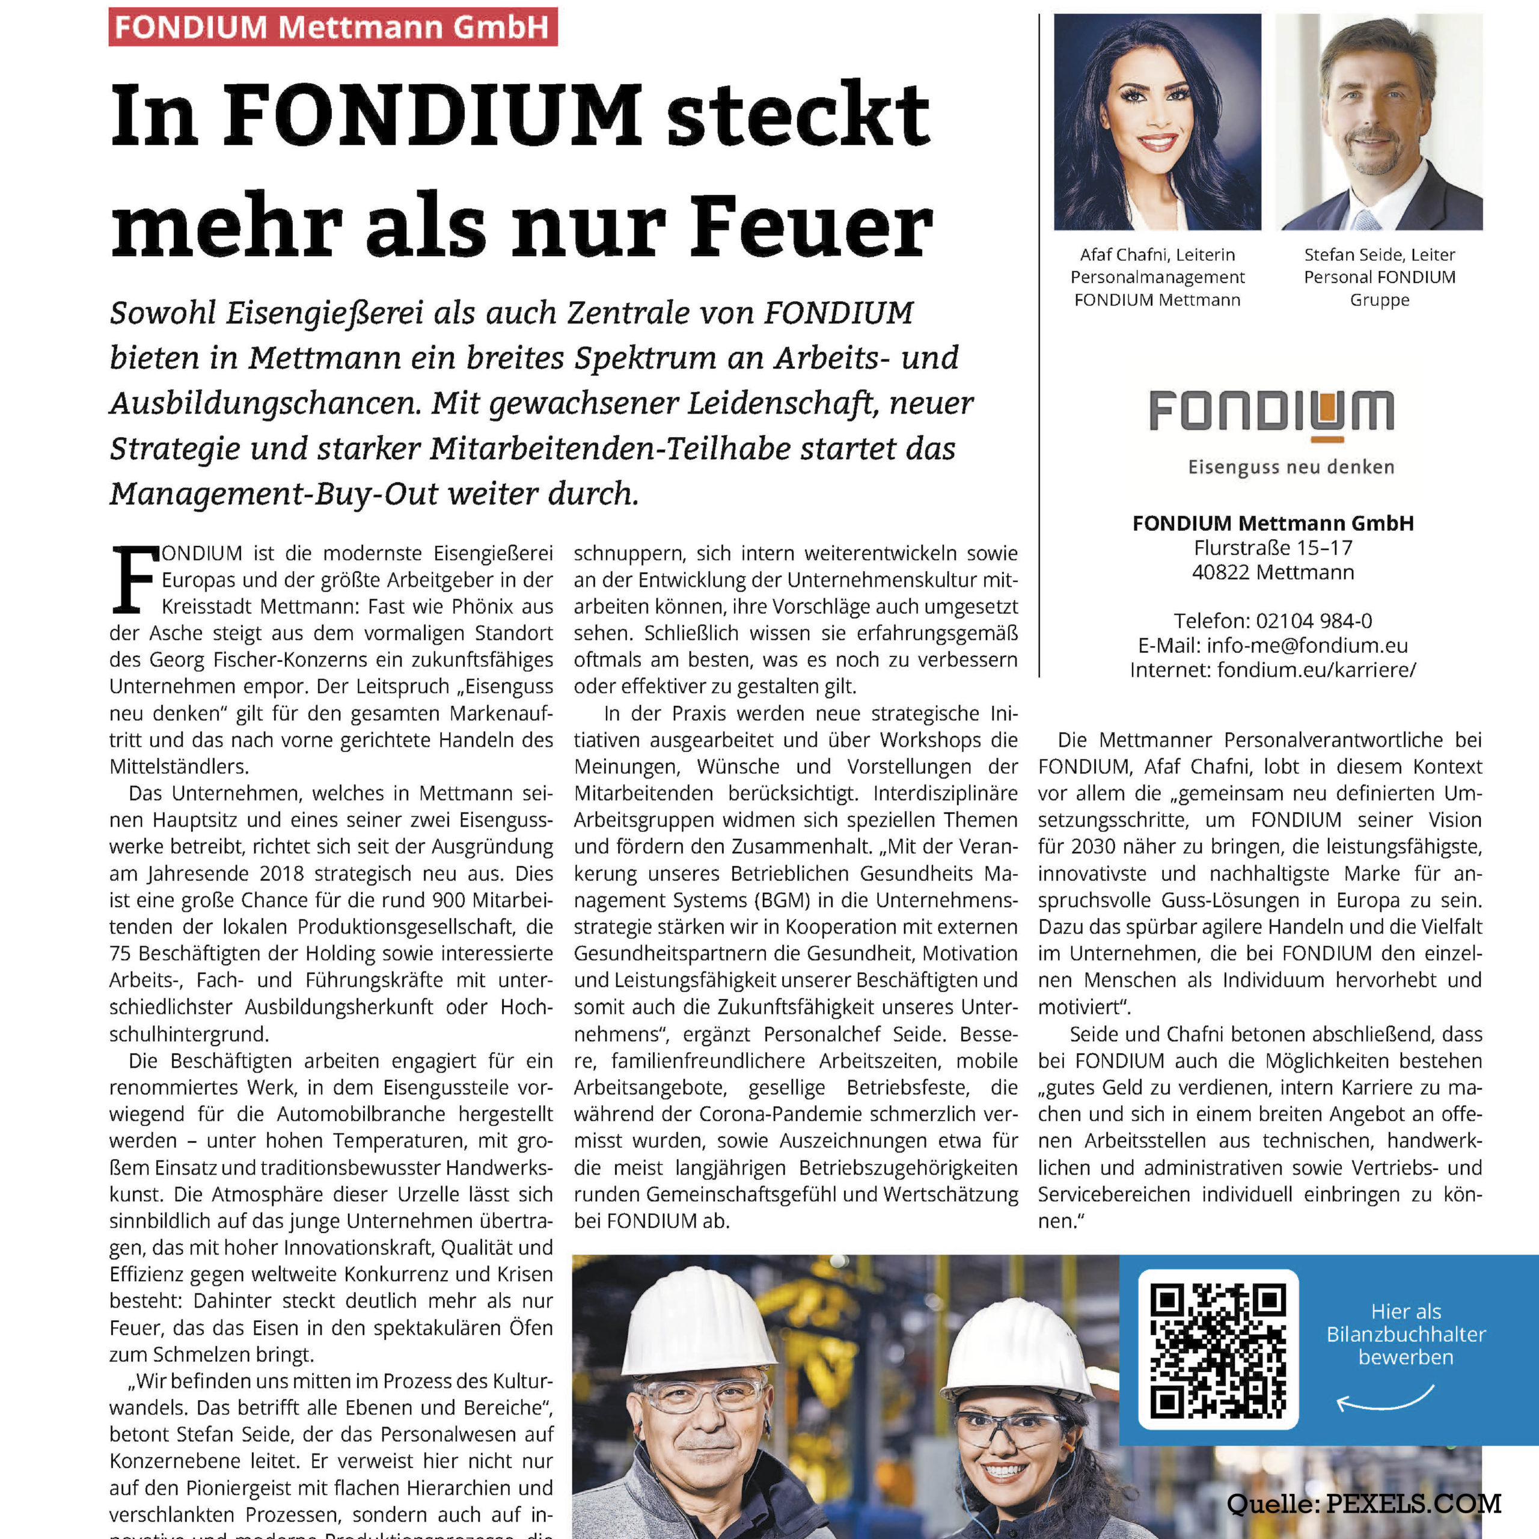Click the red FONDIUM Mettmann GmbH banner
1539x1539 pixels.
[x=332, y=27]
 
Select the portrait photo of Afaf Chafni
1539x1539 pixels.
[x=1157, y=122]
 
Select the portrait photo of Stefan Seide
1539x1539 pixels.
[x=1379, y=122]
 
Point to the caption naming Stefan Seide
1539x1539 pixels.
[x=1379, y=277]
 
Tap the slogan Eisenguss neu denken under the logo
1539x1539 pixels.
[x=1291, y=467]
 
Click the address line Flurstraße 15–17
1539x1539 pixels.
[x=1273, y=547]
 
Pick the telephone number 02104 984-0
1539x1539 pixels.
[x=1314, y=620]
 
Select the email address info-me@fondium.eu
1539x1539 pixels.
[x=1307, y=645]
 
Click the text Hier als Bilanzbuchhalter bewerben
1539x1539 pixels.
[x=1406, y=1334]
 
